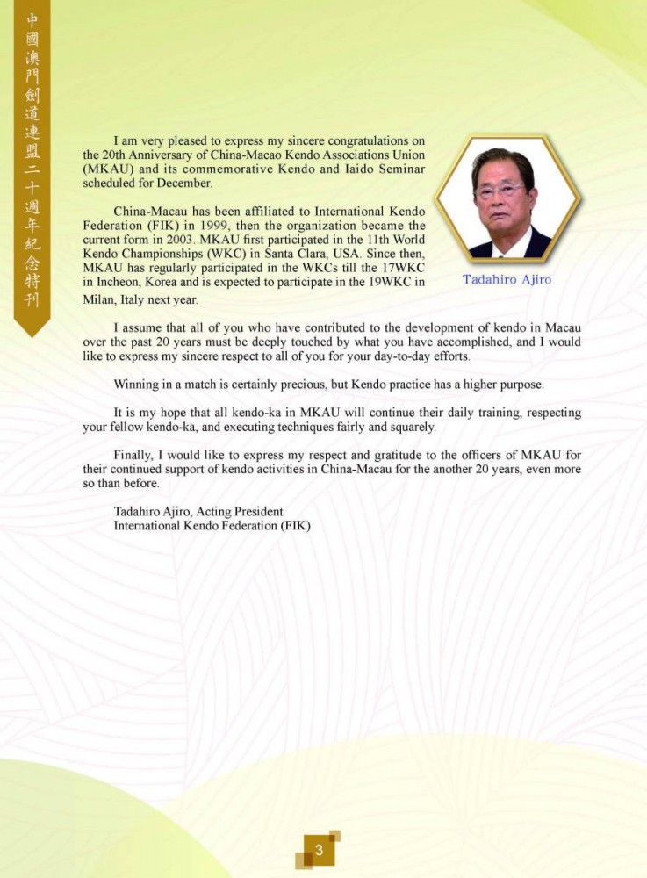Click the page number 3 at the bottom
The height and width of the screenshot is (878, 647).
320,850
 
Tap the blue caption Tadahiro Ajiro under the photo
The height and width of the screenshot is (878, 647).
507,279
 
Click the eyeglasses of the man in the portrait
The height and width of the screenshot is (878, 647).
500,190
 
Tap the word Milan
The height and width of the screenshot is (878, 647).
97,299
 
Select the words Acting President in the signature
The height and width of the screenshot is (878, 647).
241,511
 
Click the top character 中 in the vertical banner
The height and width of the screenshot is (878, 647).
32,18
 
